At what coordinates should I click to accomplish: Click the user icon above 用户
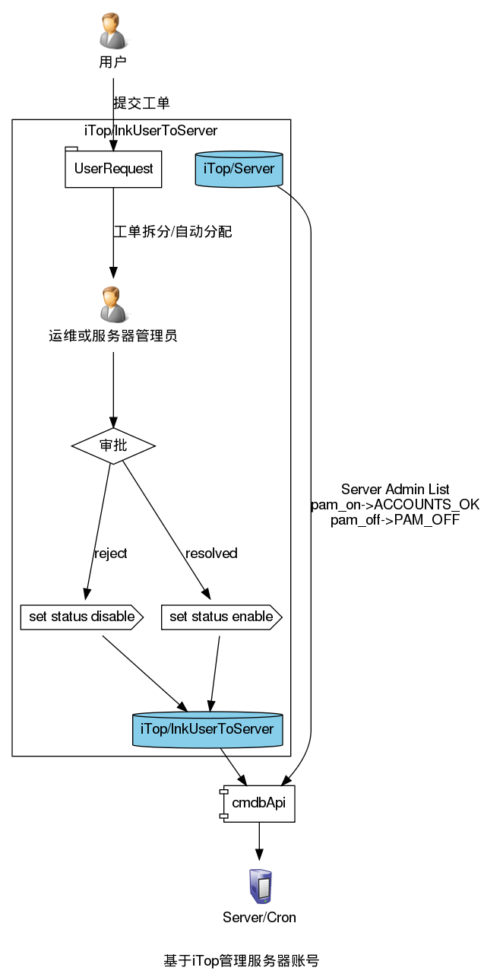113,30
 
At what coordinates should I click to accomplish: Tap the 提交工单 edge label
141,103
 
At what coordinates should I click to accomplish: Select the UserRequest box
113,168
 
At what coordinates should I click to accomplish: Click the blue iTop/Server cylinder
239,168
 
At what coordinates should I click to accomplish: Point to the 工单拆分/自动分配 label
172,232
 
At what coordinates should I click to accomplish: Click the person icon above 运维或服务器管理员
113,304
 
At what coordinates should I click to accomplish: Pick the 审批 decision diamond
113,446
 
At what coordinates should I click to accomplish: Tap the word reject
110,553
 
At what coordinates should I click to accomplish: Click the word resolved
211,553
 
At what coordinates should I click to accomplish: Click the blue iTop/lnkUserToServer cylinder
207,729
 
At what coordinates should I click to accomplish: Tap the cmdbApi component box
258,804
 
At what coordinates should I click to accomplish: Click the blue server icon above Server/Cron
260,887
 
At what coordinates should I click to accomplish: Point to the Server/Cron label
259,917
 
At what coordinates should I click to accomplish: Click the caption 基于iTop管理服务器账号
242,960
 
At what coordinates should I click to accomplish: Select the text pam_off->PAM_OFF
395,520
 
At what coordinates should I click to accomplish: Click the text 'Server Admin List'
395,489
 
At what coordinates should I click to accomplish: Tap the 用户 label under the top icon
113,62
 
